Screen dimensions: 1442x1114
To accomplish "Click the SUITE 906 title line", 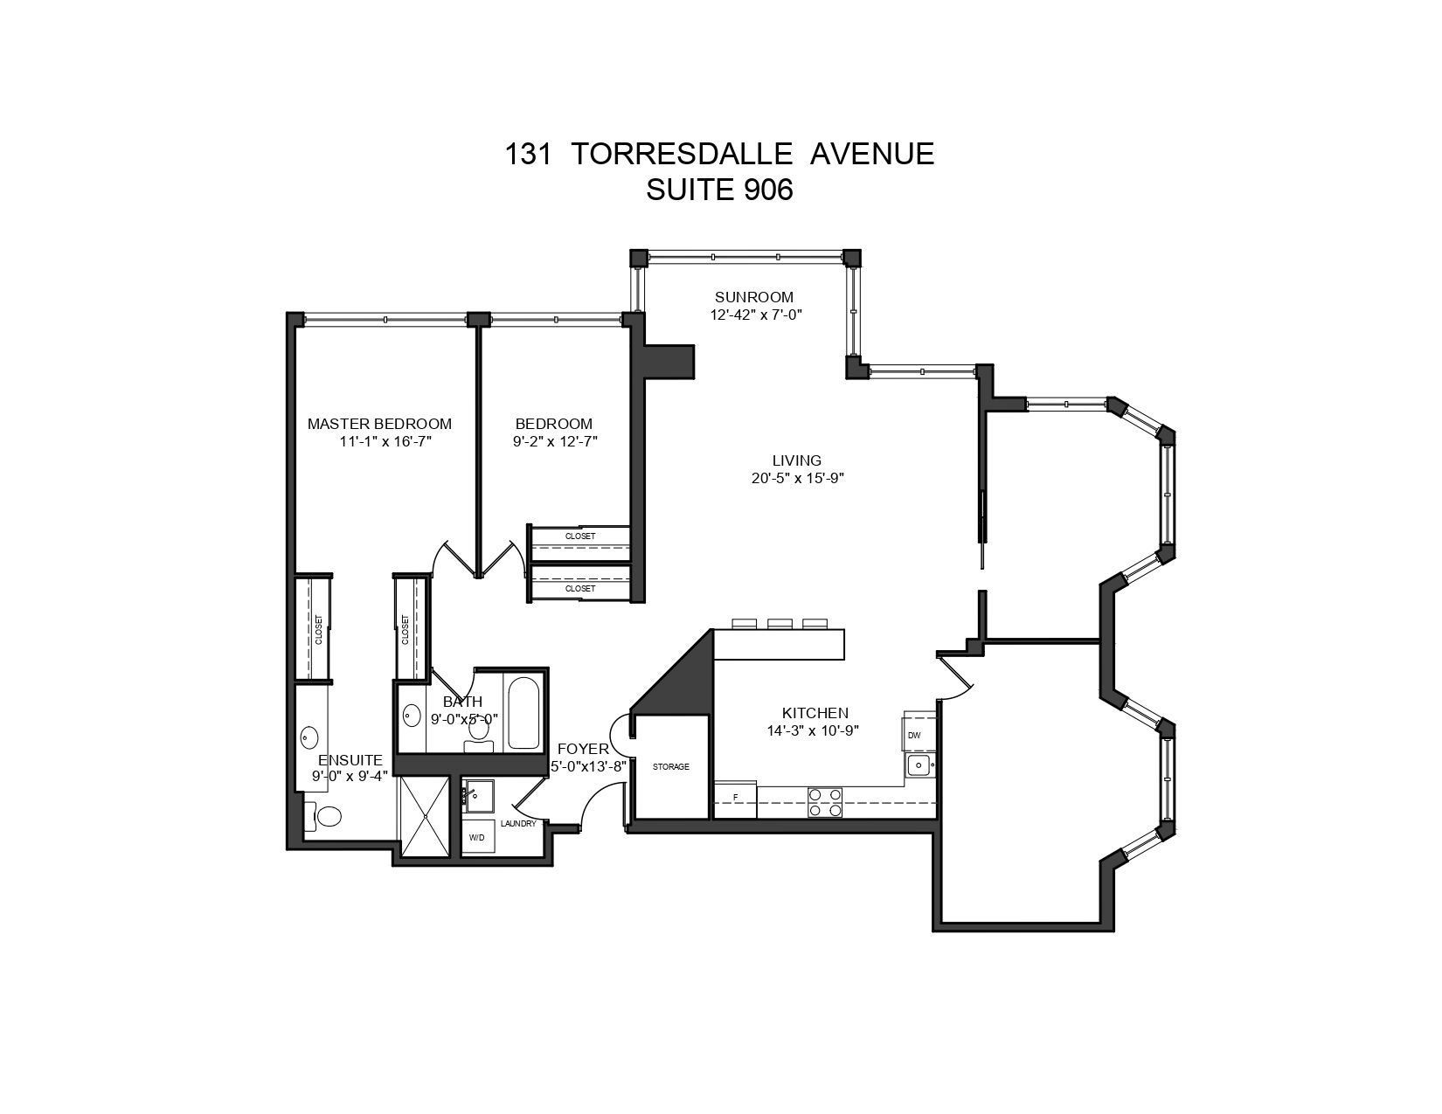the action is (x=719, y=190).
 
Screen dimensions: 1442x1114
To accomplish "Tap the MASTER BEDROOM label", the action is (x=379, y=423).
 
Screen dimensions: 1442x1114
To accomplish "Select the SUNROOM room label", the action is (x=754, y=296).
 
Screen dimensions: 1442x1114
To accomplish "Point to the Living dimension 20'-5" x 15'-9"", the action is (x=797, y=478).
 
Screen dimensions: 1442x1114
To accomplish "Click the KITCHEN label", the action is (x=815, y=713).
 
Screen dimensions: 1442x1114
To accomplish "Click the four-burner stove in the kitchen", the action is (x=825, y=802).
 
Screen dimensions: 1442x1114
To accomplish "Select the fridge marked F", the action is (x=735, y=799).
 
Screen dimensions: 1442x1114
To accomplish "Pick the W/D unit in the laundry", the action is (x=478, y=837).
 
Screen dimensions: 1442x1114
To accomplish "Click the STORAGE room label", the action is (x=671, y=766).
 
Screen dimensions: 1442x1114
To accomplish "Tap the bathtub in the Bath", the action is (x=523, y=713).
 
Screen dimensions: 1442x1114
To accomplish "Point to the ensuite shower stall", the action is (x=426, y=816).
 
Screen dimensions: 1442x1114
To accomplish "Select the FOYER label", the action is (x=583, y=749).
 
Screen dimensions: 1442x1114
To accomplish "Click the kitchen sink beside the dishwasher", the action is (x=919, y=765).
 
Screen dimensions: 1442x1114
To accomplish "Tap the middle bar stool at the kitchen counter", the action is (x=780, y=623).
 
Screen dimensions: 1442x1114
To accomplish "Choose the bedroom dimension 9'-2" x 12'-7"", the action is (x=555, y=441).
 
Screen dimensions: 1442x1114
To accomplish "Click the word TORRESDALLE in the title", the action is (x=682, y=154).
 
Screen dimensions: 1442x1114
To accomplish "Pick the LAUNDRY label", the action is (x=518, y=824).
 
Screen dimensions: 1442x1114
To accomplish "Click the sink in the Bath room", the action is (x=412, y=715).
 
